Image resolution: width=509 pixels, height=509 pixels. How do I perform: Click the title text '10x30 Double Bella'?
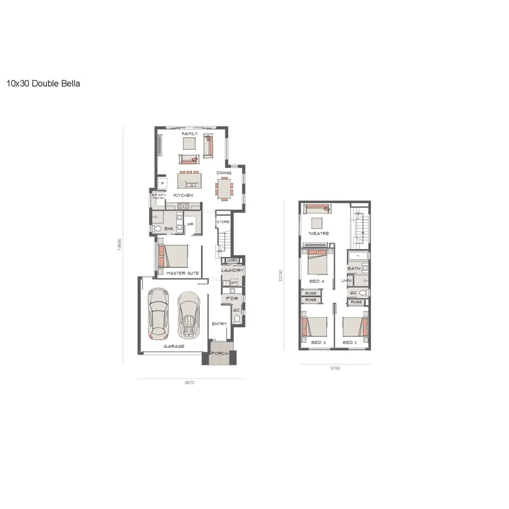(43, 84)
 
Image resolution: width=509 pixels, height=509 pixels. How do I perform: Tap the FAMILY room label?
(190, 133)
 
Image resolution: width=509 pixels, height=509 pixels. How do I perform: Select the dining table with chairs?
(223, 188)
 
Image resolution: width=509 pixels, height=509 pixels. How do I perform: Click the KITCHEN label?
(183, 195)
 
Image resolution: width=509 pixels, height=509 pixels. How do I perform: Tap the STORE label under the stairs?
(223, 222)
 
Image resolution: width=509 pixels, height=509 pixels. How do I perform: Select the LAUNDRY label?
(232, 270)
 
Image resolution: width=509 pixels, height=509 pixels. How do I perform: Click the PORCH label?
(220, 353)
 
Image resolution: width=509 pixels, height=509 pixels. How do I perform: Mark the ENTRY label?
(219, 324)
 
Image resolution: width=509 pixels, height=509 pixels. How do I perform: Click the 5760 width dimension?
(335, 369)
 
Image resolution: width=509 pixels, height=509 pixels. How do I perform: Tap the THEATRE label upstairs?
(319, 233)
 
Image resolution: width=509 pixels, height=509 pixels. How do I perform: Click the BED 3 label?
(318, 342)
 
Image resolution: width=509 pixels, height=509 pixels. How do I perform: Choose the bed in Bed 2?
(353, 327)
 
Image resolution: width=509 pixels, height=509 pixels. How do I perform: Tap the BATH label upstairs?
(353, 268)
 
